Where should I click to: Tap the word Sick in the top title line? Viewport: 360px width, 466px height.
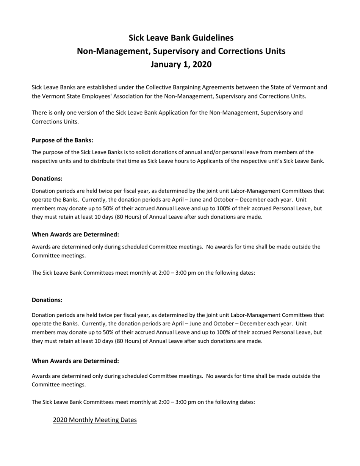(x=136, y=38)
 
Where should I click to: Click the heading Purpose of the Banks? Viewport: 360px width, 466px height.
(x=63, y=140)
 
